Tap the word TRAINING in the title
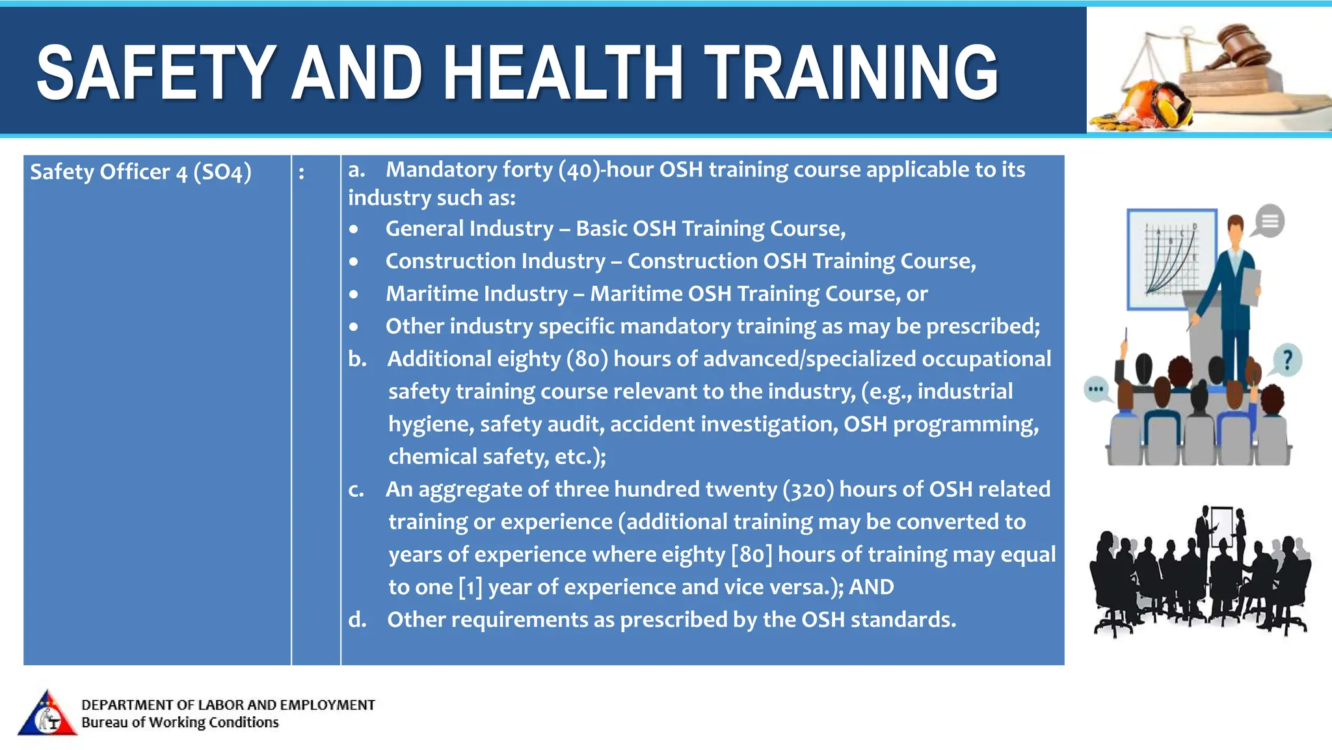[851, 72]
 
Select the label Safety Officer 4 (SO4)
[140, 172]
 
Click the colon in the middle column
[301, 173]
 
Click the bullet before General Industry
[353, 229]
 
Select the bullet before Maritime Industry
[353, 294]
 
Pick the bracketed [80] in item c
[752, 555]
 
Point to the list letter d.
[357, 619]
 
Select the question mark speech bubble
[1286, 360]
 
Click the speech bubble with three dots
[1097, 390]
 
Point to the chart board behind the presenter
[1171, 259]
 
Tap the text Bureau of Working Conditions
[180, 723]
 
